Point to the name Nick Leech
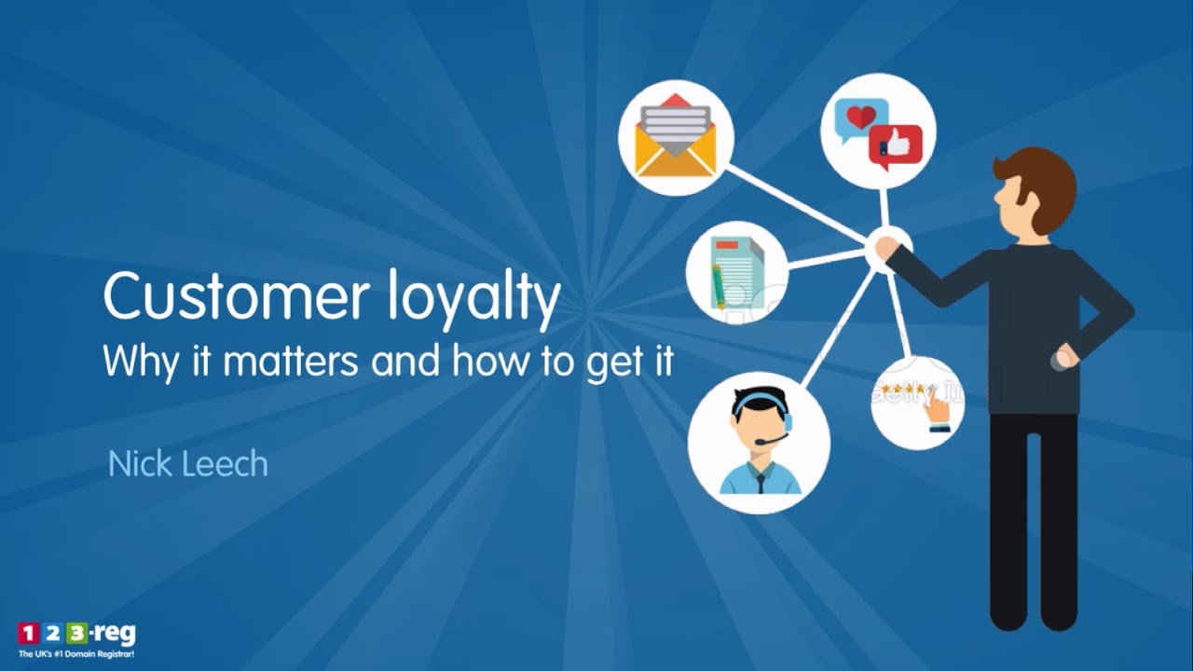pos(187,463)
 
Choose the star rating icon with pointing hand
pos(916,403)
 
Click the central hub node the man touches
pos(883,248)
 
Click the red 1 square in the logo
pos(28,635)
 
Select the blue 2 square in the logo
pos(53,635)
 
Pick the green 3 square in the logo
pos(77,635)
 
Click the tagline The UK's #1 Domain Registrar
pos(76,655)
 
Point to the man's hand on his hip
pos(1063,359)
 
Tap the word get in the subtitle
pos(610,363)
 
